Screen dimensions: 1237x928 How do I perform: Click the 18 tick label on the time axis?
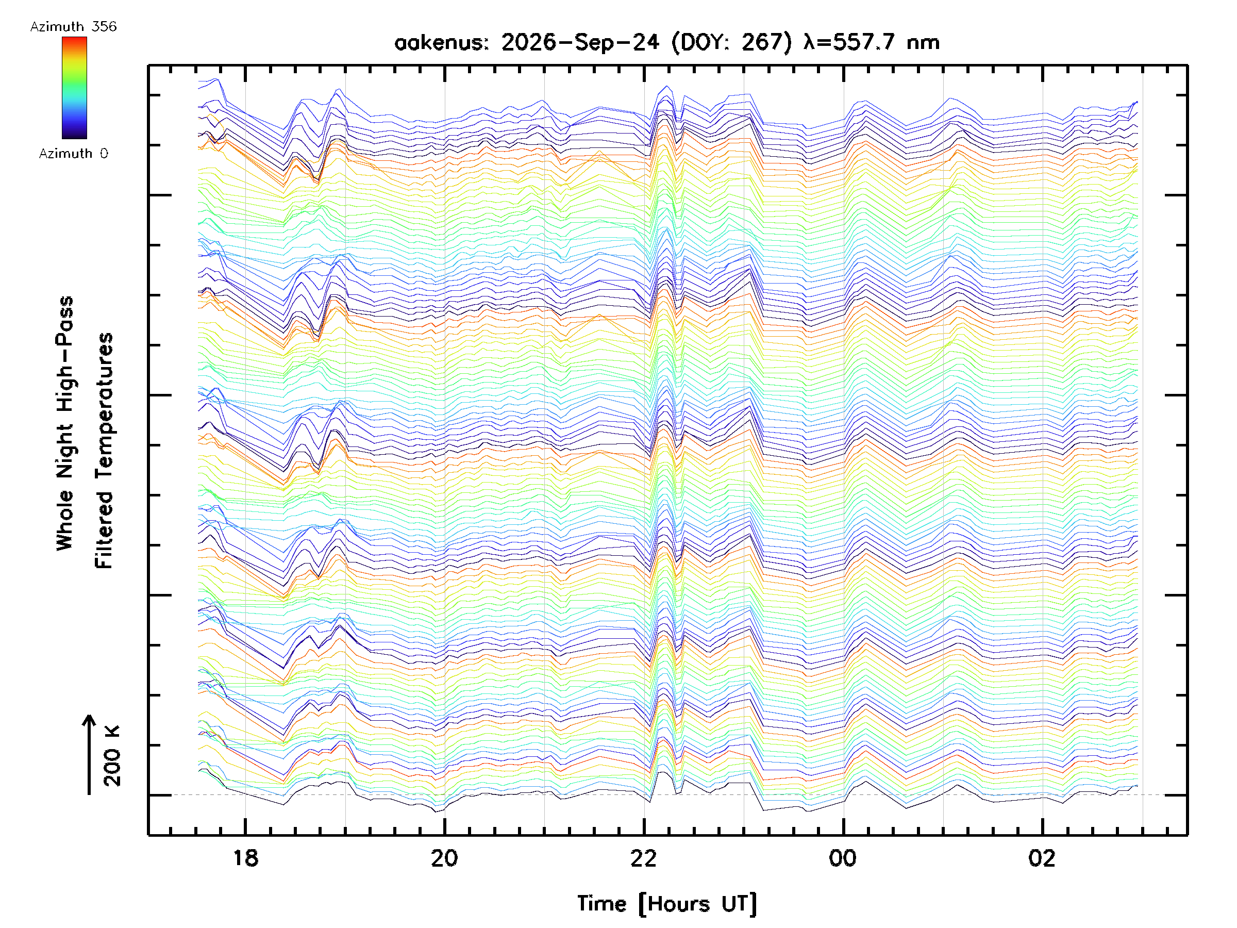point(245,858)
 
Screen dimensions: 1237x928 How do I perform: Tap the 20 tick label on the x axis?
point(445,858)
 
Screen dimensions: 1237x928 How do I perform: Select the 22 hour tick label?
point(644,858)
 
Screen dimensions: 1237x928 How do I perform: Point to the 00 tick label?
point(843,858)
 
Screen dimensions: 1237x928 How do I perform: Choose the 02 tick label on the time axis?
point(1042,858)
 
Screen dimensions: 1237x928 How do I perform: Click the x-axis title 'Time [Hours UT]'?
point(667,904)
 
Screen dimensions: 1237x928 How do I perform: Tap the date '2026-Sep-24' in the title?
point(580,42)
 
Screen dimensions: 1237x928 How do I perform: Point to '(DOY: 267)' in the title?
point(731,42)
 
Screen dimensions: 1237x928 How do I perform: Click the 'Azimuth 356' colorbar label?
point(73,27)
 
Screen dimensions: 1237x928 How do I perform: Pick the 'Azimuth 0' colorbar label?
point(73,153)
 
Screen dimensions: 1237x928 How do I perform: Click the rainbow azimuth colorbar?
point(74,88)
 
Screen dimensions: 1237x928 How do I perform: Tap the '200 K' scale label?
point(112,756)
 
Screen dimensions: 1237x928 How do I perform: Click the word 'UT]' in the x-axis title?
point(739,904)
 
